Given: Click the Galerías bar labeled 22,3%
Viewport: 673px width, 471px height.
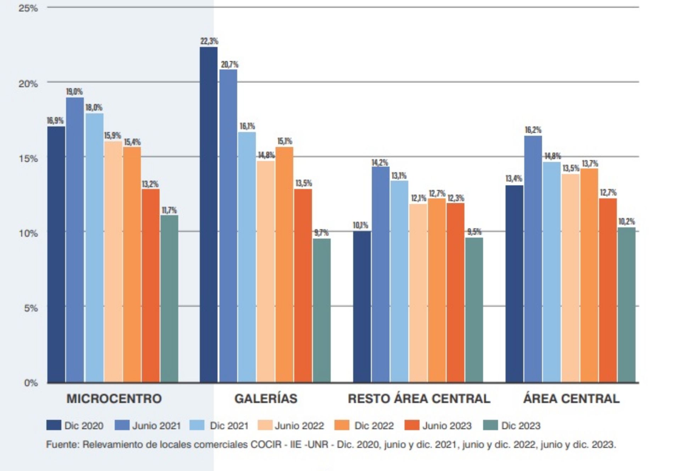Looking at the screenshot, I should pos(209,214).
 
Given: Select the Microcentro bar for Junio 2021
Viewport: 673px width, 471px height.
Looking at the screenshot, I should pos(75,240).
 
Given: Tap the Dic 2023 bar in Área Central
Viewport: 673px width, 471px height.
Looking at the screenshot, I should pos(626,305).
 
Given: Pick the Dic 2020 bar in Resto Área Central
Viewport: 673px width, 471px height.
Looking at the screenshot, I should pos(362,307).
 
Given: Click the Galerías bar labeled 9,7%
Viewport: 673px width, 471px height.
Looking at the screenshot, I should pos(321,310).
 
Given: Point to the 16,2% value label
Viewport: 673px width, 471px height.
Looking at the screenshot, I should pos(533,130).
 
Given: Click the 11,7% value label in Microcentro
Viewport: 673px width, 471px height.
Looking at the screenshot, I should pos(169,210).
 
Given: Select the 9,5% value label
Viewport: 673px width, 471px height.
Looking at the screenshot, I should pos(474,232).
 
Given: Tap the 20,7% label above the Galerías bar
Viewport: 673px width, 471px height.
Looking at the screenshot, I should pos(230,65).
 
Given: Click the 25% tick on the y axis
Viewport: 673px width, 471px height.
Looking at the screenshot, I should pos(28,8).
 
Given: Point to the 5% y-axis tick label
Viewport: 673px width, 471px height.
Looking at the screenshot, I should pos(31,308).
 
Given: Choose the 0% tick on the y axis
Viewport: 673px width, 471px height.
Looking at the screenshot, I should pos(31,383).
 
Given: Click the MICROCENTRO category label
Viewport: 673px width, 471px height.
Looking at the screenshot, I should pos(114,399).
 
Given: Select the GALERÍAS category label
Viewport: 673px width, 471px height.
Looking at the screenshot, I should pos(266,399).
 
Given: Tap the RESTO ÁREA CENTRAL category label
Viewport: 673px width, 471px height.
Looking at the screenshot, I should pos(419,399).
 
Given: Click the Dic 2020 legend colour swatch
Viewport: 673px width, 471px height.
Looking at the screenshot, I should pos(54,425).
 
